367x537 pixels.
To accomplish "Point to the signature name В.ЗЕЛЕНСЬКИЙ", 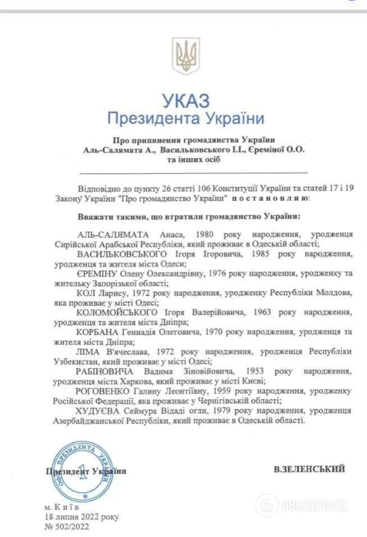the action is (310, 468).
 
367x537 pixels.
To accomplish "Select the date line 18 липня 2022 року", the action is (82, 517).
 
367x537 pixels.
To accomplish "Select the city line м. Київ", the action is (65, 506).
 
